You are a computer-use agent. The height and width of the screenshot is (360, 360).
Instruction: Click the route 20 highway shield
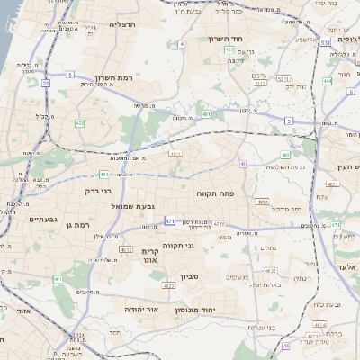[45, 83]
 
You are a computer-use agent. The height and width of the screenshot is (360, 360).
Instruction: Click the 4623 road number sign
[168, 285]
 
